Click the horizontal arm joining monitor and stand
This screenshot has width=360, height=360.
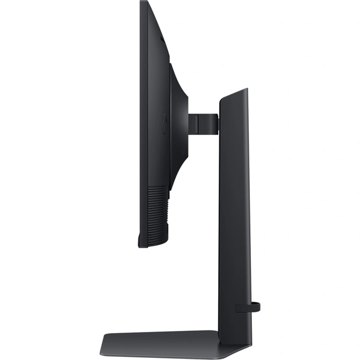(203, 122)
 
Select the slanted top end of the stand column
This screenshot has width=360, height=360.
(233, 94)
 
